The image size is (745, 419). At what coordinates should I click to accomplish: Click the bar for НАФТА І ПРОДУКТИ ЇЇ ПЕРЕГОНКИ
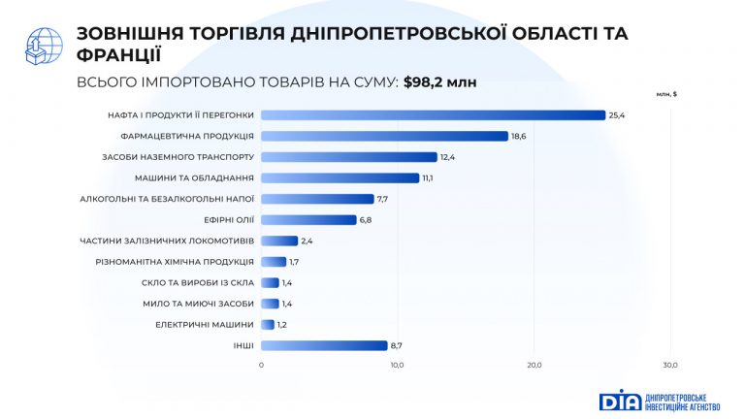(x=433, y=115)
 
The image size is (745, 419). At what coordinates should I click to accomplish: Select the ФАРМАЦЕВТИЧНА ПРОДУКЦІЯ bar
(x=384, y=136)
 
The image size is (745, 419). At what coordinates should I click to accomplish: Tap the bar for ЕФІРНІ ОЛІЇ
(x=308, y=219)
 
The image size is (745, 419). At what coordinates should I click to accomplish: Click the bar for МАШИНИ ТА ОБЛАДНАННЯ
(x=340, y=177)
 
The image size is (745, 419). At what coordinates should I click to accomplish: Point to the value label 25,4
(x=616, y=115)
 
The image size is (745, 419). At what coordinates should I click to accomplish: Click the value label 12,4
(x=447, y=157)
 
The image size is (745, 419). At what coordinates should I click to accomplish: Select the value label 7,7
(x=383, y=199)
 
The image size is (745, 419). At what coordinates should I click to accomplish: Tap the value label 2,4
(x=308, y=241)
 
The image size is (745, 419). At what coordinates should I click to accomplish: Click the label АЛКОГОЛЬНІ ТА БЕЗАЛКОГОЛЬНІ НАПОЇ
(x=168, y=199)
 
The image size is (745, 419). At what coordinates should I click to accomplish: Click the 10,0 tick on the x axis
(x=398, y=365)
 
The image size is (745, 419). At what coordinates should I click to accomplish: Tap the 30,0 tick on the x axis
(x=669, y=365)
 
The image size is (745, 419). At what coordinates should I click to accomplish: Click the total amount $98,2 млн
(x=439, y=81)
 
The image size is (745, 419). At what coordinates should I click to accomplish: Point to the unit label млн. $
(x=666, y=94)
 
